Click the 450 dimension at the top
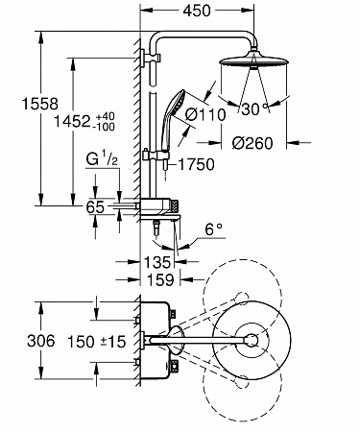pos(197,11)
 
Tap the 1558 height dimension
pos(40,104)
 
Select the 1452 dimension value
pos(72,122)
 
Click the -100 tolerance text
pos(103,127)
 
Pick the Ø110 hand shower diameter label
pos(205,114)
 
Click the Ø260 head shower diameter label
pos(252,143)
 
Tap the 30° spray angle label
pos(254,109)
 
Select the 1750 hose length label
pos(196,165)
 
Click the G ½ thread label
pos(102,159)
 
